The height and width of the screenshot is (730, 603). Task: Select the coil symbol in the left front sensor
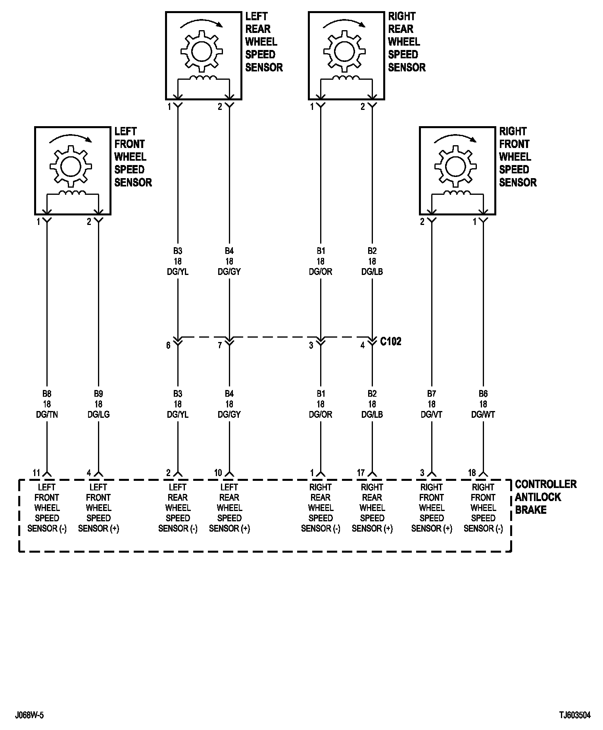(x=72, y=193)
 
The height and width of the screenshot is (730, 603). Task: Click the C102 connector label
(x=391, y=342)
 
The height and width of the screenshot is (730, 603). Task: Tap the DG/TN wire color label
(x=47, y=415)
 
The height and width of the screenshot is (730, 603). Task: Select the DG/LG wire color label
(x=98, y=415)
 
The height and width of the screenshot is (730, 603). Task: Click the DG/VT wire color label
(x=432, y=415)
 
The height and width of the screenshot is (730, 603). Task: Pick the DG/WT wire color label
(x=483, y=415)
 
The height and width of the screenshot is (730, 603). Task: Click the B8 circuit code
(x=47, y=394)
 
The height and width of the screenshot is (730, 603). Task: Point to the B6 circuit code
(x=483, y=394)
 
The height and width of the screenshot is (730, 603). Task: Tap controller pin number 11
(x=36, y=473)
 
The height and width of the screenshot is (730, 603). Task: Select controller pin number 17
(x=361, y=473)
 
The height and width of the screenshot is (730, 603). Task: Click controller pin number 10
(x=218, y=473)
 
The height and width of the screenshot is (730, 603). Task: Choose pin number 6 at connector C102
(x=168, y=346)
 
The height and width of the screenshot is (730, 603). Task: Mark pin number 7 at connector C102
(x=220, y=346)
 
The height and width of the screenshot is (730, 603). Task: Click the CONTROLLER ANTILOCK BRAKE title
(x=545, y=497)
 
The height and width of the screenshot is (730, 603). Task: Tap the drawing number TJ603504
(x=575, y=715)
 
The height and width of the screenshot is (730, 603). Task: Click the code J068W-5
(x=29, y=715)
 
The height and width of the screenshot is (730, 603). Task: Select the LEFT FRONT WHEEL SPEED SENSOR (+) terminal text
(x=98, y=508)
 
